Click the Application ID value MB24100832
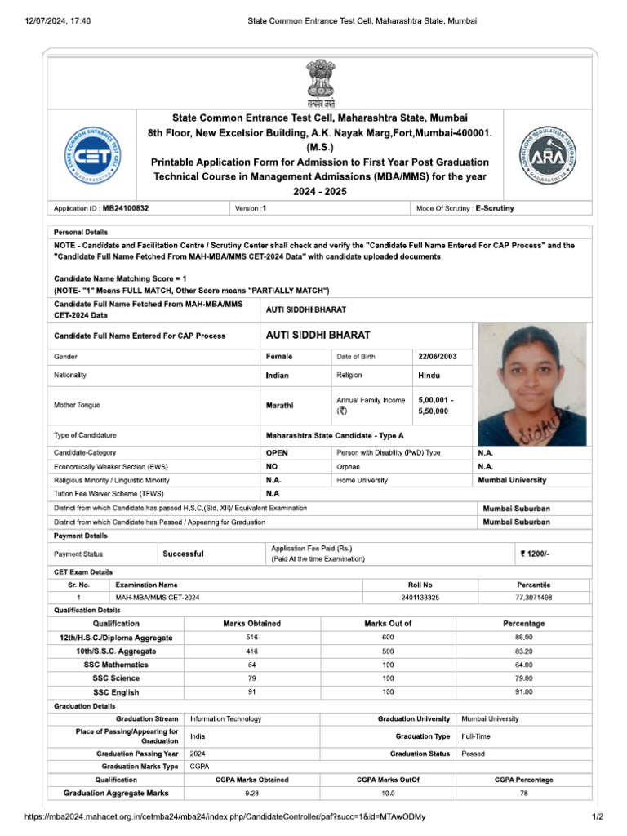[126, 208]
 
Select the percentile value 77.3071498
[534, 598]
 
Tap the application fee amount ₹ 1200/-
[535, 554]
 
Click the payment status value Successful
[183, 554]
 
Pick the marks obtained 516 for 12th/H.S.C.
[252, 637]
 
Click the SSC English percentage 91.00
[523, 692]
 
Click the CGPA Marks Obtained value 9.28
[252, 793]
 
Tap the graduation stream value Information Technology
[226, 719]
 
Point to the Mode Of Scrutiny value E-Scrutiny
[495, 208]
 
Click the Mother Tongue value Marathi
[280, 405]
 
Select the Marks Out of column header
[388, 624]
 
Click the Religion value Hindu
[429, 376]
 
